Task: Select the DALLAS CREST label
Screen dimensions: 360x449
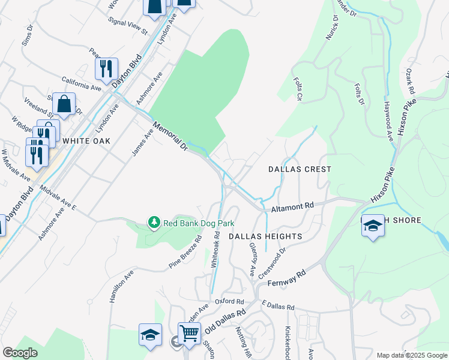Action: click(299, 170)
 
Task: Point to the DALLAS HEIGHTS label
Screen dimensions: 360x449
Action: click(265, 237)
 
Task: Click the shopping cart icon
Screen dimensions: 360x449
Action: click(189, 332)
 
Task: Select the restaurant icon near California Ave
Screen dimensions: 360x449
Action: click(106, 68)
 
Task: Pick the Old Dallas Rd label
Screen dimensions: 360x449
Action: click(225, 322)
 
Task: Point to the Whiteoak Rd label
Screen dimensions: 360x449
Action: click(215, 250)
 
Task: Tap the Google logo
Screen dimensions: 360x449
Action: click(20, 353)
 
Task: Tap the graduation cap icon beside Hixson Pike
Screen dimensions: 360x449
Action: click(373, 226)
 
